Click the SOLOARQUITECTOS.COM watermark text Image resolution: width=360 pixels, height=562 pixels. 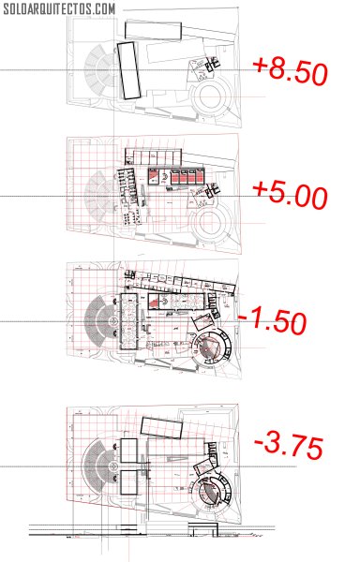(59, 9)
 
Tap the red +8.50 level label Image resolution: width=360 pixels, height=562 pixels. (290, 72)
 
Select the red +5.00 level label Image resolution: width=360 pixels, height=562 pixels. (290, 196)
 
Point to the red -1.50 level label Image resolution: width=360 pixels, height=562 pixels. (273, 320)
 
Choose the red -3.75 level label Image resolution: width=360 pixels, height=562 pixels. (289, 447)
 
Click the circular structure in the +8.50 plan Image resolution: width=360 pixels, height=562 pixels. (211, 97)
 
